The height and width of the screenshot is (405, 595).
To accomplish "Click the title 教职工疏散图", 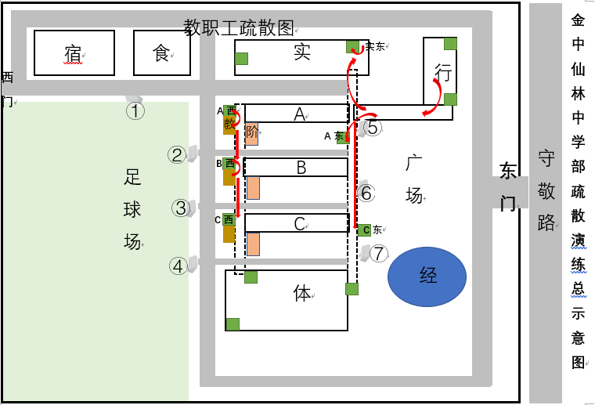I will pyautogui.click(x=239, y=29).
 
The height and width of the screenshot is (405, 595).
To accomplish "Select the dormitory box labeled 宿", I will pyautogui.click(x=74, y=53).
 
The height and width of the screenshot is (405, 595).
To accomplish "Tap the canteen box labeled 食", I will pyautogui.click(x=161, y=53).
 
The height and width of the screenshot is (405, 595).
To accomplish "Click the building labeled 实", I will pyautogui.click(x=301, y=53).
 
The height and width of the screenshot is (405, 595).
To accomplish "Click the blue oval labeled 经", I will pyautogui.click(x=427, y=276).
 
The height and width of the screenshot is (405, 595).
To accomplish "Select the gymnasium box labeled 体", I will pyautogui.click(x=302, y=295).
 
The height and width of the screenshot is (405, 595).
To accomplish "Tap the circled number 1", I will pyautogui.click(x=136, y=110).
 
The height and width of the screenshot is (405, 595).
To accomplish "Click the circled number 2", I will pyautogui.click(x=178, y=155).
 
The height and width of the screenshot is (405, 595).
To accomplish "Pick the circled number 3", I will pyautogui.click(x=181, y=208).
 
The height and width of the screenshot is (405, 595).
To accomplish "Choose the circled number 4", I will pyautogui.click(x=178, y=266).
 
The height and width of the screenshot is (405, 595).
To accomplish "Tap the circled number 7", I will pyautogui.click(x=379, y=254).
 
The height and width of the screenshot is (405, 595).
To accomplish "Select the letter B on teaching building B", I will pyautogui.click(x=301, y=168).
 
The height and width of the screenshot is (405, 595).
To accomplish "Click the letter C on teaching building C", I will pyautogui.click(x=299, y=224).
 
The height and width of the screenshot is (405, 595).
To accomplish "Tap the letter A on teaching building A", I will pyautogui.click(x=299, y=114).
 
